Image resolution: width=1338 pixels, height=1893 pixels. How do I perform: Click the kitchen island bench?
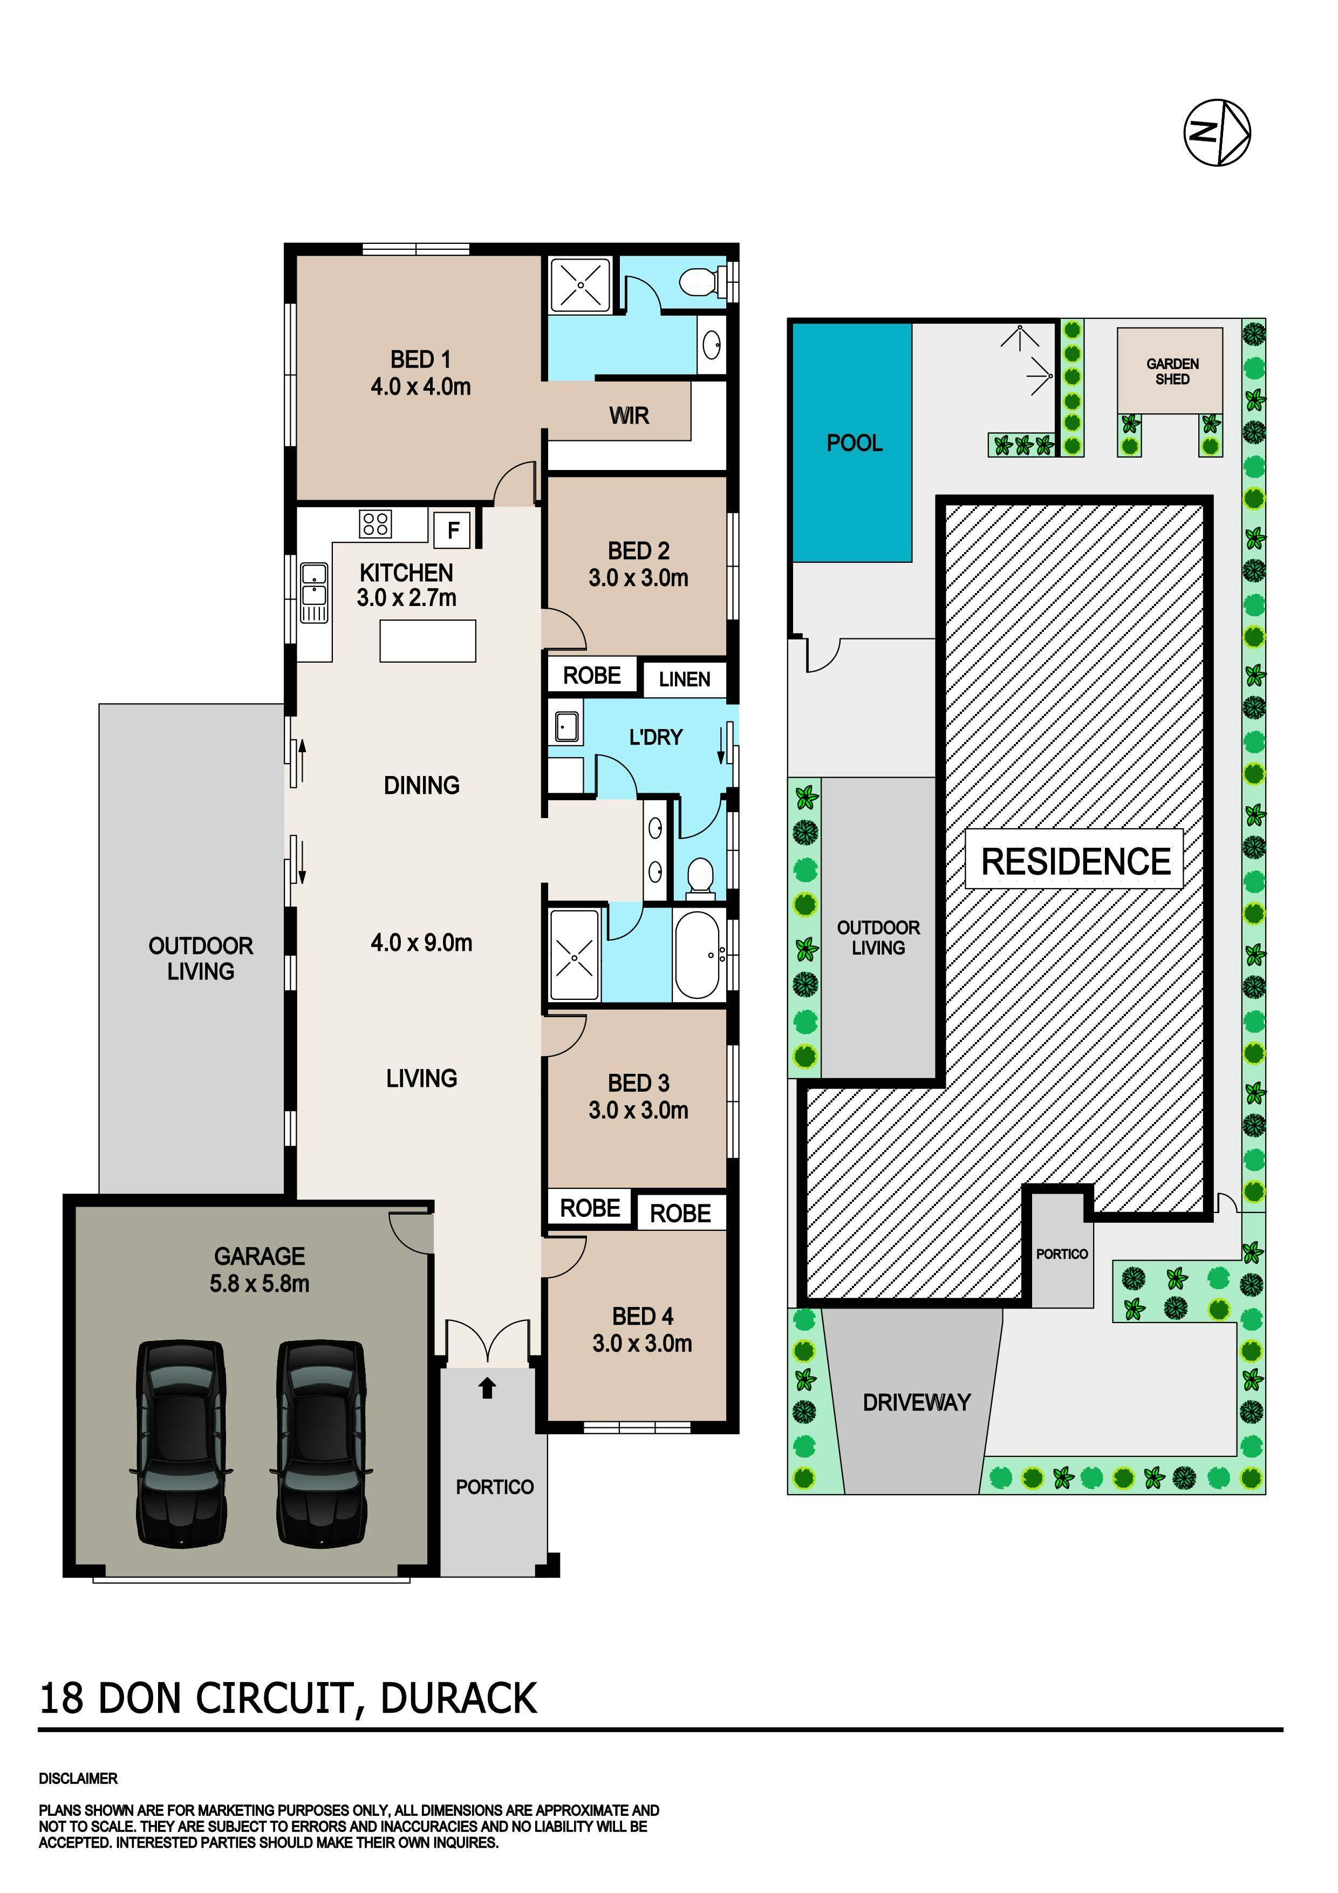[428, 641]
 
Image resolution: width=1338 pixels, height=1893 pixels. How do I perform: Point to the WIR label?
[629, 416]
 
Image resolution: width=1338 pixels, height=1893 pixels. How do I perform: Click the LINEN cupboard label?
[684, 679]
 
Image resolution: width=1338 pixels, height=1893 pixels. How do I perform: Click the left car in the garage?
[181, 1443]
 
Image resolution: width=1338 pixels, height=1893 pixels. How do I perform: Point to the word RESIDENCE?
[1075, 862]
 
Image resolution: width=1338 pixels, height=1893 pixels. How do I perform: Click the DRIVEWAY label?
[916, 1402]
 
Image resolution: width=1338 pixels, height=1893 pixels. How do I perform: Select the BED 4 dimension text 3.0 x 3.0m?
[641, 1343]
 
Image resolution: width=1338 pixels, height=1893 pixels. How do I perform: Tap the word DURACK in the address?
[459, 1698]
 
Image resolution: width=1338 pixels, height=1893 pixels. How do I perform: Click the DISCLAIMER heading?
[78, 1779]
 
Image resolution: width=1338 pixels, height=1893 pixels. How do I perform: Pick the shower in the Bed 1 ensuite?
[581, 284]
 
